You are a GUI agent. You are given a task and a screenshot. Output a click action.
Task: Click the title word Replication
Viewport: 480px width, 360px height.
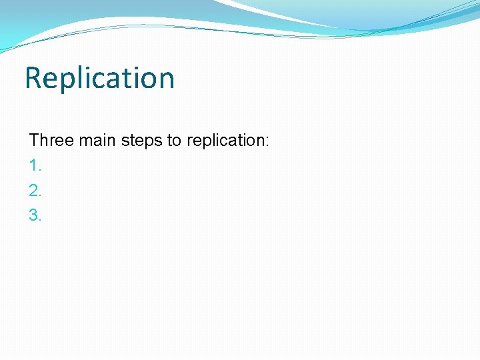pos(99,78)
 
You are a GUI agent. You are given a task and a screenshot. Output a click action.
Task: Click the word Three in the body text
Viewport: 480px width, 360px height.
pos(51,141)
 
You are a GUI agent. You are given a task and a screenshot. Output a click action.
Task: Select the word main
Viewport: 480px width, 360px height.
pos(96,141)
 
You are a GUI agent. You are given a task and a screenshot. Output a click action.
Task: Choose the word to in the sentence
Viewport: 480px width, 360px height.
pos(174,141)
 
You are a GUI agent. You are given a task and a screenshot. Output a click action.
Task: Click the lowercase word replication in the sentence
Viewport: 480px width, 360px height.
pos(225,141)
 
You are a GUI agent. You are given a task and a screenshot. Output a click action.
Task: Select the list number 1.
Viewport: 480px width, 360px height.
pos(35,165)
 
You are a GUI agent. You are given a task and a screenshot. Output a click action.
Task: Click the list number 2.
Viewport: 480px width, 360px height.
pos(35,191)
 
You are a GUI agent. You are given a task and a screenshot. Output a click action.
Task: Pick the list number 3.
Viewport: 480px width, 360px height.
pos(35,215)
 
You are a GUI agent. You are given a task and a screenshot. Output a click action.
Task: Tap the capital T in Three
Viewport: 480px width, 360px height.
pos(34,141)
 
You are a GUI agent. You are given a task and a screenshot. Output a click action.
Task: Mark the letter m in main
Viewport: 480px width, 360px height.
pos(85,142)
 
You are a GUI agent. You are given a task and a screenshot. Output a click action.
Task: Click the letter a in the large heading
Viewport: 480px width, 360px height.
pos(115,80)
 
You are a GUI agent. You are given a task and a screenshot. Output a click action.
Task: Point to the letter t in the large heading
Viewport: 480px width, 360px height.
pos(127,79)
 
